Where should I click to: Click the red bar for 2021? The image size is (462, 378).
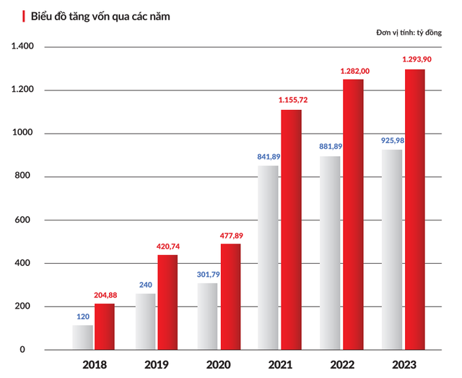[291, 230]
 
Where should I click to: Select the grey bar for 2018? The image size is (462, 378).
[83, 338]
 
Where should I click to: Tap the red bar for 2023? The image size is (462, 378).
[414, 210]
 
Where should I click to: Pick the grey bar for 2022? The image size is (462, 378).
[330, 253]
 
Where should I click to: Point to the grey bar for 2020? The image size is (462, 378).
[207, 316]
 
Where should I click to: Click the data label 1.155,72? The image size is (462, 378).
[292, 98]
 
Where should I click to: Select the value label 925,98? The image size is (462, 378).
[393, 139]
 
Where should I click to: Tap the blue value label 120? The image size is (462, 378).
[83, 316]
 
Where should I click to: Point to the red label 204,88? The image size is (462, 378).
[106, 294]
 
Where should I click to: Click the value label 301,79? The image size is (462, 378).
[207, 274]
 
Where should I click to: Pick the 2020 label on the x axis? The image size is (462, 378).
[219, 364]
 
